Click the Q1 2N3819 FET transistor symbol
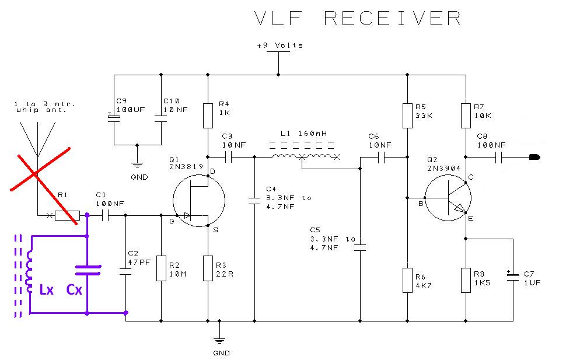click(199, 200)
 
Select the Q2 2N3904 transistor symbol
click(448, 198)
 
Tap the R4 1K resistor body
click(208, 116)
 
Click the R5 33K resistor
click(407, 116)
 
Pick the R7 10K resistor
click(466, 116)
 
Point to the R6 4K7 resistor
click(407, 280)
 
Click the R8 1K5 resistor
click(466, 280)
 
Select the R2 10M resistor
click(162, 268)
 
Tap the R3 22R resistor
click(208, 268)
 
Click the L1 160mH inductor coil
click(305, 156)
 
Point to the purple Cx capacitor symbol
click(88, 270)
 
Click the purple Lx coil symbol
click(29, 271)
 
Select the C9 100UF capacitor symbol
click(114, 118)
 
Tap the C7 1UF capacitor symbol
click(513, 276)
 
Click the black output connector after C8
click(534, 157)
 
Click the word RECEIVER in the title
click(392, 18)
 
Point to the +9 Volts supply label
click(279, 46)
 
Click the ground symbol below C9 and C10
click(137, 165)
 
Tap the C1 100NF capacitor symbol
click(106, 215)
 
